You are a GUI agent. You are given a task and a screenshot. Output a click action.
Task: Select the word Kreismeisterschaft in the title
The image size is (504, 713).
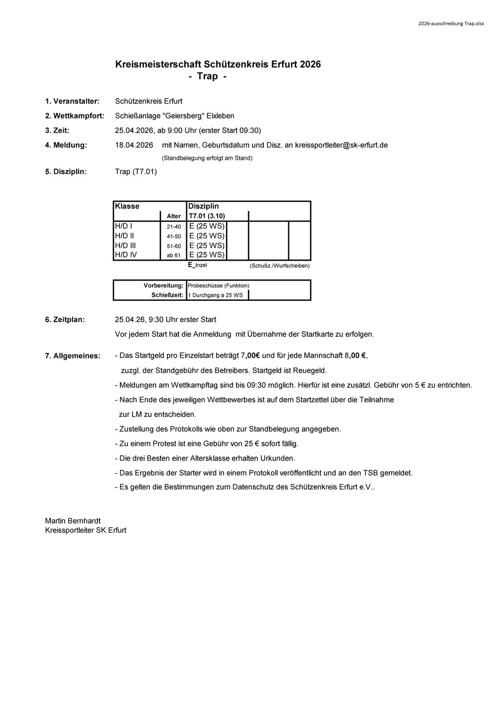(158, 64)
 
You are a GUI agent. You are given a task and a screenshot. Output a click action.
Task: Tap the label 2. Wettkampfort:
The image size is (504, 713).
(75, 116)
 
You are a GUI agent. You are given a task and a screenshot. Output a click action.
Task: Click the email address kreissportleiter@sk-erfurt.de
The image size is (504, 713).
(341, 145)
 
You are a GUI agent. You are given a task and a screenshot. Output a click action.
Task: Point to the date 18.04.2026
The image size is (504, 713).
(134, 145)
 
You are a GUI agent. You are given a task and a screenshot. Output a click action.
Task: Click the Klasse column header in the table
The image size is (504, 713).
(127, 206)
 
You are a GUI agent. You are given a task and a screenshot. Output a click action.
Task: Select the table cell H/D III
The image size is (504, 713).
(125, 246)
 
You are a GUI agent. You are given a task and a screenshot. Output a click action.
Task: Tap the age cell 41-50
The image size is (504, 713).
(174, 236)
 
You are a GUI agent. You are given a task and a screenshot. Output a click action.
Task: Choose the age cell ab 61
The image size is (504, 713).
(174, 255)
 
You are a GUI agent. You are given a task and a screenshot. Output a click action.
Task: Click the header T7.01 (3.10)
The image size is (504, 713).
(207, 216)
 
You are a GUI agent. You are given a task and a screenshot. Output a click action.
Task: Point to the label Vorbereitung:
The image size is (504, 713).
(163, 286)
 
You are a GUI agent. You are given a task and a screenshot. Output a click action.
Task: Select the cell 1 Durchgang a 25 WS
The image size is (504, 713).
(215, 295)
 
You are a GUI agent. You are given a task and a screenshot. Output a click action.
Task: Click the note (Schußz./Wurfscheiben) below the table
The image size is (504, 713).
(280, 266)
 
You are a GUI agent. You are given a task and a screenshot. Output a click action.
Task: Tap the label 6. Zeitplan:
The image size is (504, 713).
(65, 320)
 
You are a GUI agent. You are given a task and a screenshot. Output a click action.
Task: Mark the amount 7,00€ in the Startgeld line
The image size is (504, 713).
(251, 356)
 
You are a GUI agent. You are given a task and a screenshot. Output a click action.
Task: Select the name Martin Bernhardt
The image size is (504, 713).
(73, 521)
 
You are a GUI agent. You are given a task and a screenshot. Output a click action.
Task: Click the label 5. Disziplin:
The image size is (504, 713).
(66, 171)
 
